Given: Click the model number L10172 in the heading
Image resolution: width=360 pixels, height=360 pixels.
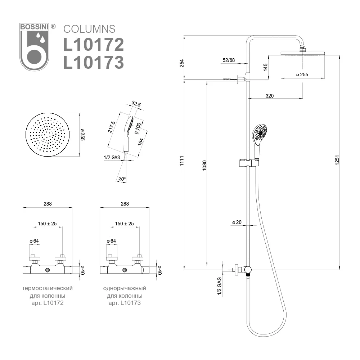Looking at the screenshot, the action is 94,45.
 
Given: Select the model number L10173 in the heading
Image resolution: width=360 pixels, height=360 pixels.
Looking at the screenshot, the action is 94,62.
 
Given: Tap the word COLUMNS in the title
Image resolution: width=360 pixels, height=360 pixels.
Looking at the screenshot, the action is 89,29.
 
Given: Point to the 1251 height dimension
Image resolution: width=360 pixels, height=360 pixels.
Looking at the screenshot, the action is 337,160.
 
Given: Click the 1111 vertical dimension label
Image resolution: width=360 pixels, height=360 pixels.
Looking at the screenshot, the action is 181,161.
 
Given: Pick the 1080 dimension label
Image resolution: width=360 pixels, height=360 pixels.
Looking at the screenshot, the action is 204,165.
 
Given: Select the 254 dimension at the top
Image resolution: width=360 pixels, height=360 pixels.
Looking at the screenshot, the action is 181,63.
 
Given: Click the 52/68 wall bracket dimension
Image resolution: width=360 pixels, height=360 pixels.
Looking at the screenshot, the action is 229,60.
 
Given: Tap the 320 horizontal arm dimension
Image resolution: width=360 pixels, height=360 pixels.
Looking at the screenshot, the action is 270,96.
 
